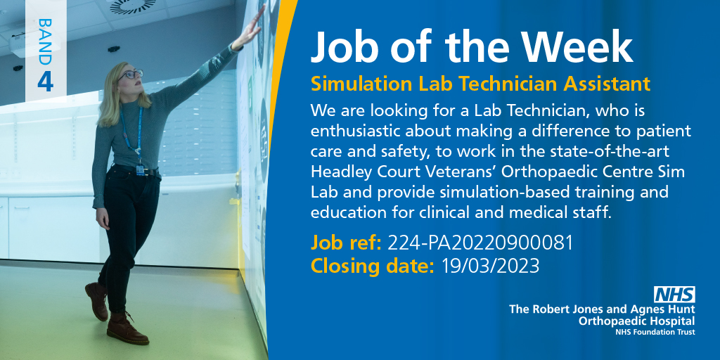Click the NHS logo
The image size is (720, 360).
point(674,295)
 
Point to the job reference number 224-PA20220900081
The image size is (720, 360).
point(480,243)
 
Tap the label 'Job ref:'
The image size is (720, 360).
point(346,243)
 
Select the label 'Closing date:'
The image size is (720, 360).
point(373,266)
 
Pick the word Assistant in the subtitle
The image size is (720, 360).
point(607,84)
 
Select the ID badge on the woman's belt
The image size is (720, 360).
point(140,169)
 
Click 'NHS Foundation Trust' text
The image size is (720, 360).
point(655,331)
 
